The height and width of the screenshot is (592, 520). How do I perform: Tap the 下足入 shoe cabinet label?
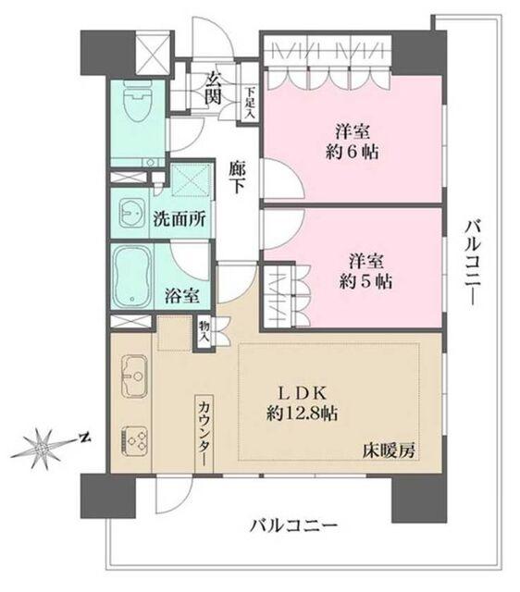(250, 104)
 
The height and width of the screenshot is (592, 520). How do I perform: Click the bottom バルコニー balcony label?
(293, 526)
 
